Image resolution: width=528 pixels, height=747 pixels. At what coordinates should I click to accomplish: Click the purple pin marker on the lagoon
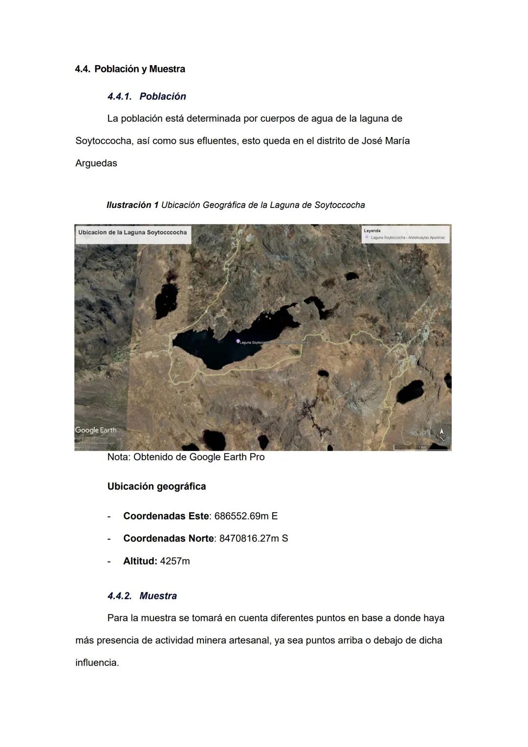click(238, 341)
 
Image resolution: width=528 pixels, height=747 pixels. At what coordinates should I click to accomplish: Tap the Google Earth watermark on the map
click(96, 430)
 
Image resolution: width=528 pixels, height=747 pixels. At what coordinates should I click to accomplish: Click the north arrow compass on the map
click(441, 434)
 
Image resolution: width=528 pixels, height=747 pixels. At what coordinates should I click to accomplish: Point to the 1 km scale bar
click(421, 447)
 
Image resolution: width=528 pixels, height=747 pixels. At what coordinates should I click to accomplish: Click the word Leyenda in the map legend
click(372, 231)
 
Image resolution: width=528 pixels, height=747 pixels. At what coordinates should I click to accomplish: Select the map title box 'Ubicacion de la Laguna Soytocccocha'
click(132, 233)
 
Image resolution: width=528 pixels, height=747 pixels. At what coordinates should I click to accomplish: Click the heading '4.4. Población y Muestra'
click(130, 69)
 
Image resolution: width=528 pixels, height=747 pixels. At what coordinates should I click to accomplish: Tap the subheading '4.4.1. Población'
click(147, 96)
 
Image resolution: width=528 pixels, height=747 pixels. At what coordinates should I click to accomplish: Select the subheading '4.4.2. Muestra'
click(142, 596)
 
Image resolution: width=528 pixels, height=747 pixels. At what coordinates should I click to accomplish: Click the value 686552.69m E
click(246, 516)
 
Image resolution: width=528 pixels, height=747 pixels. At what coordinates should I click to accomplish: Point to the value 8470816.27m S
click(254, 539)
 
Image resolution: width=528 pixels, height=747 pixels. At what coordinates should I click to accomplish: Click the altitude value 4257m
click(175, 561)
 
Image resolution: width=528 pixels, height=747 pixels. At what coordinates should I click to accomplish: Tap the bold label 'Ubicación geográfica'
click(156, 486)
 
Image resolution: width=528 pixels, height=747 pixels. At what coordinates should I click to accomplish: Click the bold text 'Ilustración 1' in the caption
click(132, 205)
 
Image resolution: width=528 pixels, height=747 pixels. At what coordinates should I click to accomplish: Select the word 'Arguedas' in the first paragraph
click(96, 163)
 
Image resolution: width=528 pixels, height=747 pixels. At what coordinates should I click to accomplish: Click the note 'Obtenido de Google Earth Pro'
click(199, 457)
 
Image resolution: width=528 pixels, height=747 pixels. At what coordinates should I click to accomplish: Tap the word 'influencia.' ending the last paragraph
click(97, 663)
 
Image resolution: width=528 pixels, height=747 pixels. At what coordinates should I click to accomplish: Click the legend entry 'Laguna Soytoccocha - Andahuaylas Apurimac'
click(408, 238)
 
